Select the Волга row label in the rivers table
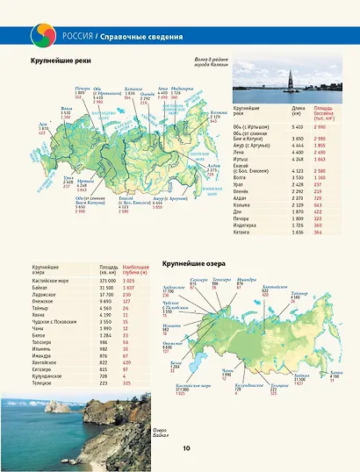click(x=242, y=176)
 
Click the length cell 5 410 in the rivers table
click(x=296, y=127)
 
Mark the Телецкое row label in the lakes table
click(x=43, y=383)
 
